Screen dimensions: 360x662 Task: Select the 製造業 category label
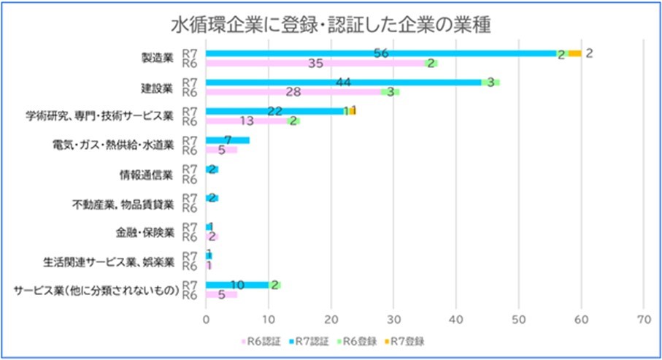158,58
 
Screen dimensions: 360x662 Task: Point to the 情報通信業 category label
146,175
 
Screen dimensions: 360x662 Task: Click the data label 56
380,53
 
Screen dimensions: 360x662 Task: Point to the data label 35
315,64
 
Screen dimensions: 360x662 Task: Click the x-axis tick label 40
456,319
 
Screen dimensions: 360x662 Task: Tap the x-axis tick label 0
206,319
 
